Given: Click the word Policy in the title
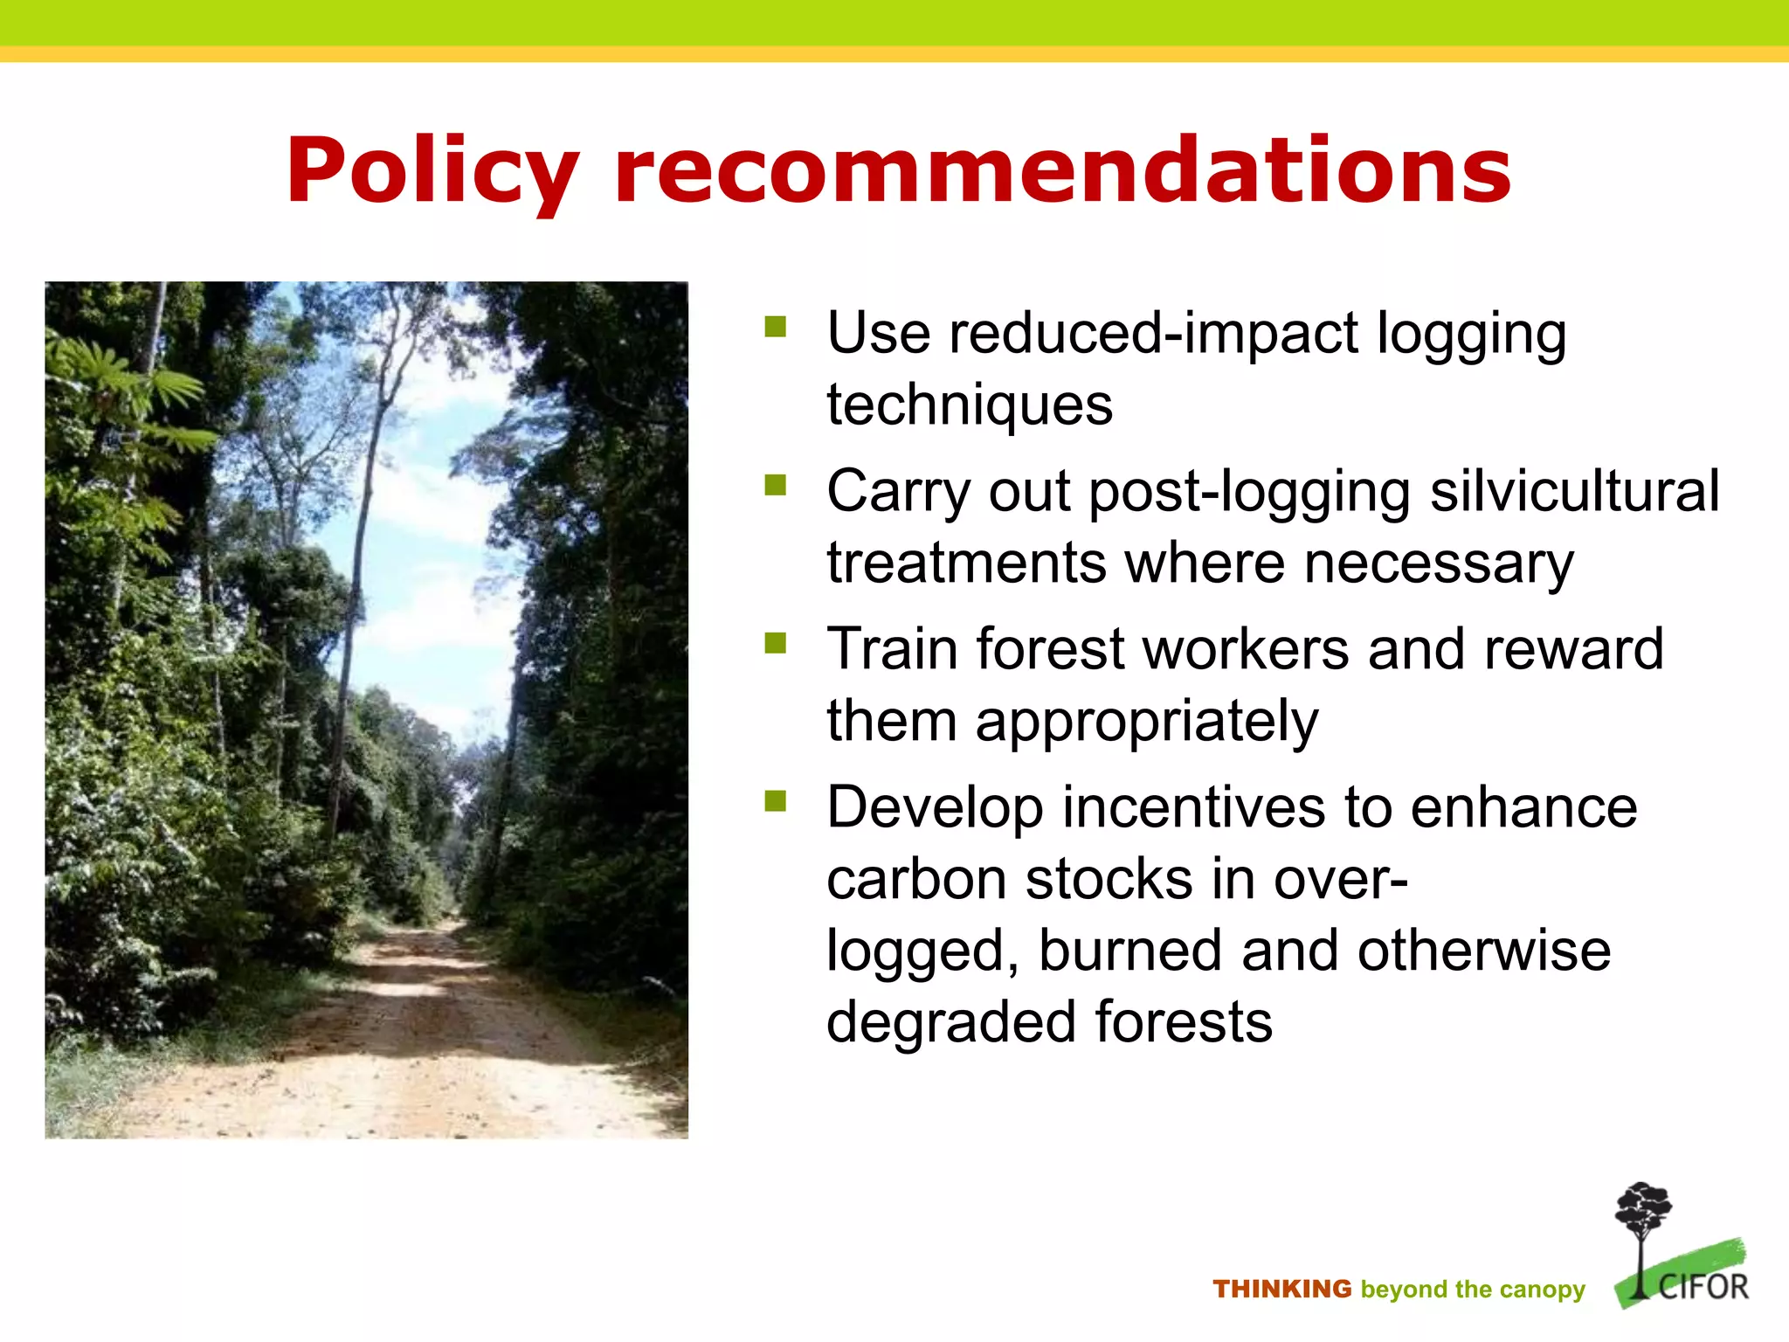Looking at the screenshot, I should pos(432,172).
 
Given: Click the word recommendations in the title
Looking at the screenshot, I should pos(1062,172).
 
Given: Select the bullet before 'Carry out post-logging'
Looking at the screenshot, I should pos(775,485).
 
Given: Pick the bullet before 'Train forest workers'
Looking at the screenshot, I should pos(775,643).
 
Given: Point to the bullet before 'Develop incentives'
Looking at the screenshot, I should pos(775,801).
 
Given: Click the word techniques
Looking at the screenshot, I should pos(970,405).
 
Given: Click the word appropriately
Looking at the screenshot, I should pos(1146,723).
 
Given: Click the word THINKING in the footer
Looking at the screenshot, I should pos(1281,1290).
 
